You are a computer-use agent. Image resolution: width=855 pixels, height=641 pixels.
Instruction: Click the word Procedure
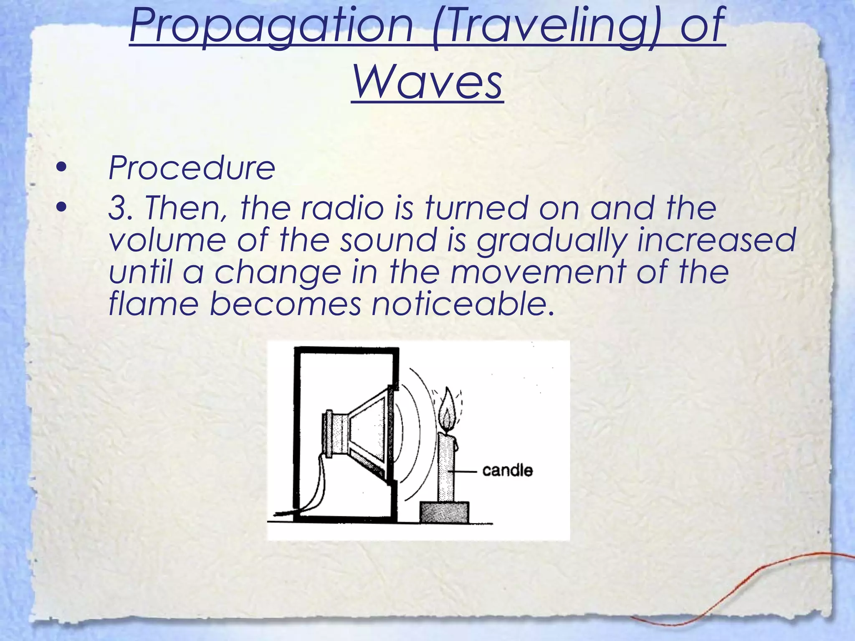192,168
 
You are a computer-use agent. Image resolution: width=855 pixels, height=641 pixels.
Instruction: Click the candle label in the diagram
507,471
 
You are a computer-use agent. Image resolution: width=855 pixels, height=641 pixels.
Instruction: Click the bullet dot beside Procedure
61,168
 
